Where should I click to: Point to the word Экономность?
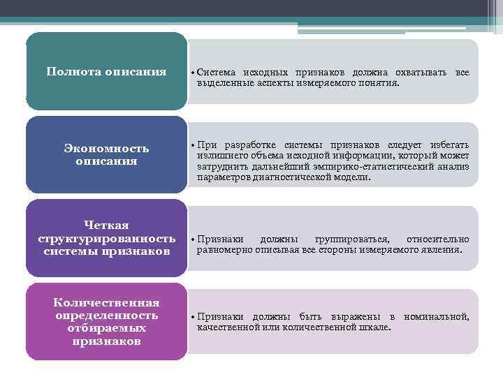click(x=106, y=149)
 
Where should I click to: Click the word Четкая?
click(x=106, y=225)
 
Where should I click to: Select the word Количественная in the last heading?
click(x=106, y=302)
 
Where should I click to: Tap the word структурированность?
click(x=106, y=238)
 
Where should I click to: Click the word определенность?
click(x=106, y=315)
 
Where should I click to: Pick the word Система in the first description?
click(x=216, y=73)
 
